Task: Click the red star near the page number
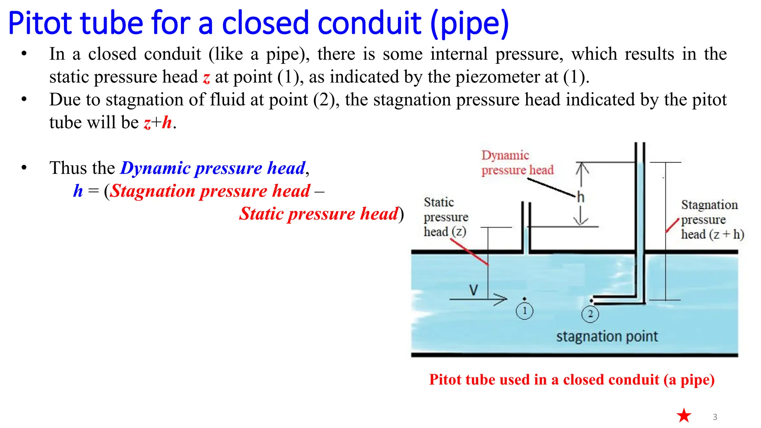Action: click(x=684, y=415)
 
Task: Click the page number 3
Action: click(x=715, y=417)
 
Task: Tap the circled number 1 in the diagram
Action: click(x=524, y=311)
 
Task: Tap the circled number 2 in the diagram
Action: click(x=590, y=314)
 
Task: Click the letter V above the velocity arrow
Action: click(x=473, y=290)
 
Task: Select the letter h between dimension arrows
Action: click(x=580, y=197)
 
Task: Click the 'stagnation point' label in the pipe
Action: click(x=607, y=336)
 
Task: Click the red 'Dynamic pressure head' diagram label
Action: click(x=517, y=163)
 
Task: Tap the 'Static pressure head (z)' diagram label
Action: click(x=446, y=217)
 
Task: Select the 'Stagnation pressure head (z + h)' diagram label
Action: click(x=712, y=220)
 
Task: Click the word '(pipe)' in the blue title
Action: click(x=470, y=24)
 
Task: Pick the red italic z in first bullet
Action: click(x=207, y=77)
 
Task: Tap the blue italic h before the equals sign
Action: click(x=78, y=191)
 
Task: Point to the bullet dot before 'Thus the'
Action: click(x=24, y=168)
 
